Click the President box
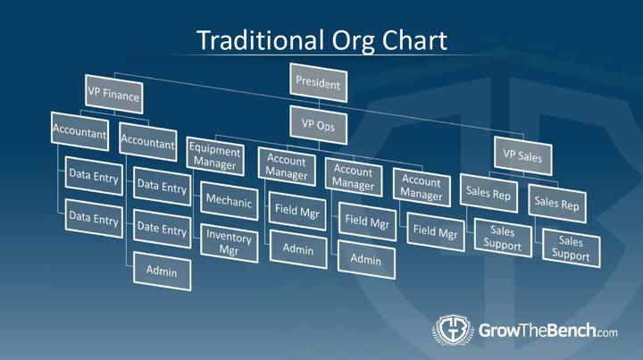pyautogui.click(x=318, y=83)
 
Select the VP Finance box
pyautogui.click(x=114, y=95)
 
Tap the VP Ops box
pyautogui.click(x=318, y=125)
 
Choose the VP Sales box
pyautogui.click(x=522, y=155)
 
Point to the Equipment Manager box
pyautogui.click(x=215, y=156)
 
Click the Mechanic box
pyautogui.click(x=230, y=201)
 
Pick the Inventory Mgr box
pyautogui.click(x=230, y=243)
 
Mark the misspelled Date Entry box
pyautogui.click(x=162, y=229)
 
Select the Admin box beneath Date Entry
pyautogui.click(x=162, y=272)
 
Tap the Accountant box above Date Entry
pyautogui.click(x=148, y=142)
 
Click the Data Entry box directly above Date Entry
pyautogui.click(x=162, y=186)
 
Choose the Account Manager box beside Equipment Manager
pyautogui.click(x=287, y=167)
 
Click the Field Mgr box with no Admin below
pyautogui.click(x=436, y=231)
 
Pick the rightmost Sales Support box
pyautogui.click(x=572, y=248)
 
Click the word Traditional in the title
pyautogui.click(x=260, y=40)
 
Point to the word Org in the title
pyautogui.click(x=353, y=41)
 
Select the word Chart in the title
pyautogui.click(x=414, y=40)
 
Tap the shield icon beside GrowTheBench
pyautogui.click(x=453, y=330)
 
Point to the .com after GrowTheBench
pyautogui.click(x=607, y=332)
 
